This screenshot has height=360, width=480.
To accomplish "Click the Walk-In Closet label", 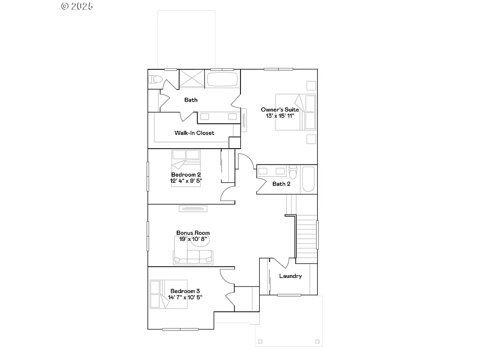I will [194, 133].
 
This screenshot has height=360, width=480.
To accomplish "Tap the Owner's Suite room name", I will [280, 110].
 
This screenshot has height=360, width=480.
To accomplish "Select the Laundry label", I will [290, 276].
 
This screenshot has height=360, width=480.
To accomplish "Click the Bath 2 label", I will [281, 184].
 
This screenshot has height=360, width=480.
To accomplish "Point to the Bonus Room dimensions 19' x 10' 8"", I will [193, 239].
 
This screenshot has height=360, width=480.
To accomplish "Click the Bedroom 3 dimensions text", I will [185, 297].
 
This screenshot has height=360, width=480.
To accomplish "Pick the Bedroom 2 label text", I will [186, 174].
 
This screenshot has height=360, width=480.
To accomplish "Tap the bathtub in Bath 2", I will [308, 179].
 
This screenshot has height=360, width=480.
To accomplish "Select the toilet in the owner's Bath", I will [155, 79].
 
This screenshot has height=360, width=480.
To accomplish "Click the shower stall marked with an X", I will [191, 79].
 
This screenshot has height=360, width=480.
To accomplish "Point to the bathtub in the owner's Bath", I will [223, 79].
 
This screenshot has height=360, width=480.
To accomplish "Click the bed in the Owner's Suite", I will [295, 112].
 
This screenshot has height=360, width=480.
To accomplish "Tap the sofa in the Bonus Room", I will [193, 257].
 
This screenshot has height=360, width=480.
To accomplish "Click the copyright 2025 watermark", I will [77, 6].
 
